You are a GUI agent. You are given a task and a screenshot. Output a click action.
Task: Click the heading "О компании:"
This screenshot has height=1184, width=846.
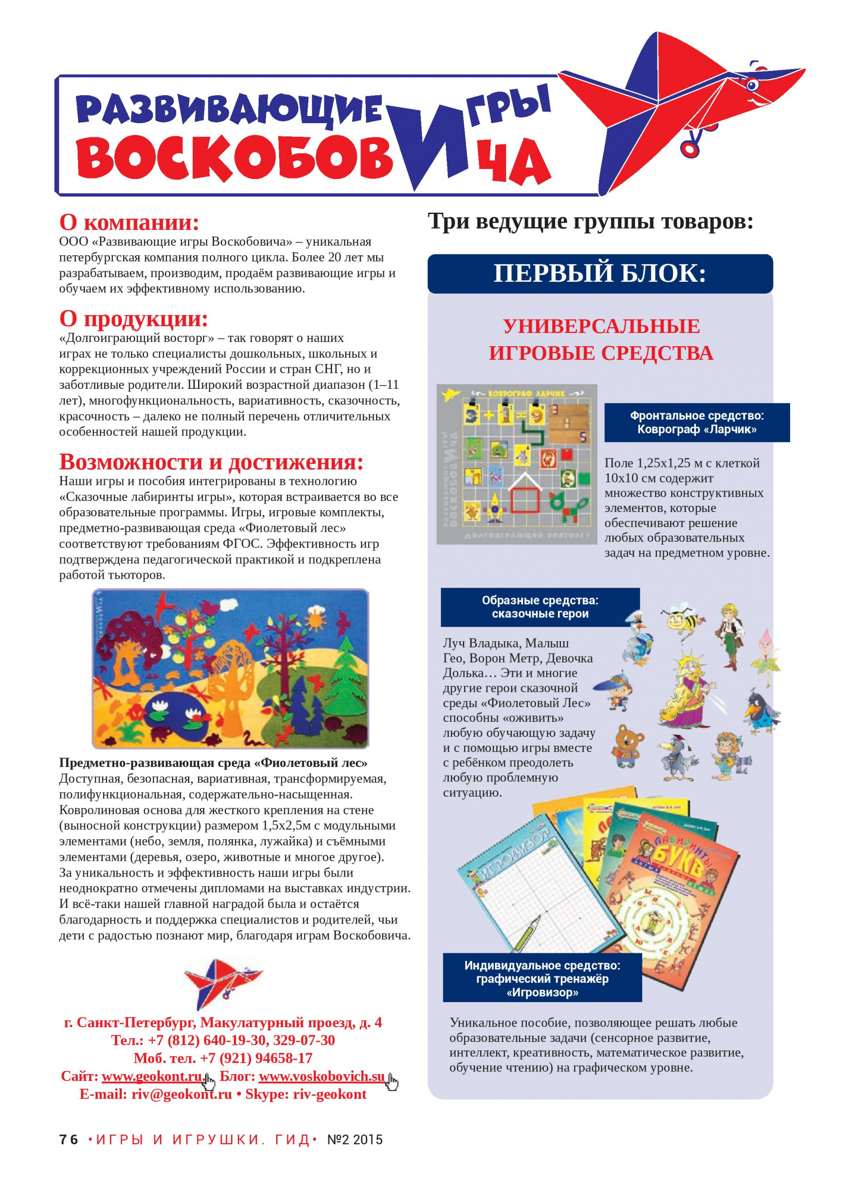point(129,223)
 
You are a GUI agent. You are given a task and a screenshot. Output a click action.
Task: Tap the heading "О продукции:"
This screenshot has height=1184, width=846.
point(134,318)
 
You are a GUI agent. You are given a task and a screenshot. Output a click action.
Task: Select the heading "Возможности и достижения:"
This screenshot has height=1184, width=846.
point(211,461)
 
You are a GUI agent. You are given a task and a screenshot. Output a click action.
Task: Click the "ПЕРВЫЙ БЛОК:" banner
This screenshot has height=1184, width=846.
point(600,273)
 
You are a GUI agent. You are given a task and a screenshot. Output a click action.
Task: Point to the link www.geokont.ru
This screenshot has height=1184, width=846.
point(152,1076)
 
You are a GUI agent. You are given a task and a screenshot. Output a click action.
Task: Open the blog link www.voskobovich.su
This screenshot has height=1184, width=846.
point(322,1076)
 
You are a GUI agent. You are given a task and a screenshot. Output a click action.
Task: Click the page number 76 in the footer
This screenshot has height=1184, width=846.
point(68,1140)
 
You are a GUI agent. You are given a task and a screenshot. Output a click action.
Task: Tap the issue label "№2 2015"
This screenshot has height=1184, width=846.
point(355,1140)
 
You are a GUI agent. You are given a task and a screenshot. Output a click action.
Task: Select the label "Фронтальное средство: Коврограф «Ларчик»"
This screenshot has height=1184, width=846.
point(696,422)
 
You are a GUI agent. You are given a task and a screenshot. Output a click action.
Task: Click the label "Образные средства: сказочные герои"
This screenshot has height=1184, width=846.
point(540,607)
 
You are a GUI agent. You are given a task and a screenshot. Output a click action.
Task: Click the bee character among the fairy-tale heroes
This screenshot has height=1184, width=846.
point(681,619)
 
